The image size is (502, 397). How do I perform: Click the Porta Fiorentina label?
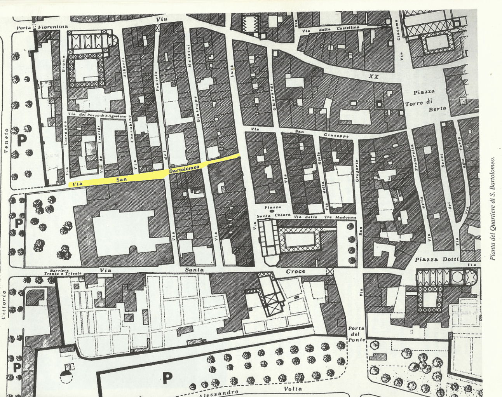pyautogui.click(x=42, y=27)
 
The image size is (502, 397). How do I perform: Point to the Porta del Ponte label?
pyautogui.click(x=357, y=334)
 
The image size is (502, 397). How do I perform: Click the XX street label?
pyautogui.click(x=373, y=77)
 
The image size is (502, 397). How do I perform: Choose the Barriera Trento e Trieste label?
pyautogui.click(x=65, y=272)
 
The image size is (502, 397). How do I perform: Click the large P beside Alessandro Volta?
pyautogui.click(x=167, y=377)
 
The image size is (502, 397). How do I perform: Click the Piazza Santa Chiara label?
pyautogui.click(x=274, y=212)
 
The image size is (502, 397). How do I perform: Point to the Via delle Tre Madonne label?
pyautogui.click(x=325, y=217)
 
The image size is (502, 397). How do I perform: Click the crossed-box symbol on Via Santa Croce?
pyautogui.click(x=330, y=271)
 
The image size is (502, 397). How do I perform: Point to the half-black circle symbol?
pyautogui.click(x=66, y=376)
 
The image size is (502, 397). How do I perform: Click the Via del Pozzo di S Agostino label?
pyautogui.click(x=97, y=115)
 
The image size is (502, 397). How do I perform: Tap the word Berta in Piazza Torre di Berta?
pyautogui.click(x=437, y=110)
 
